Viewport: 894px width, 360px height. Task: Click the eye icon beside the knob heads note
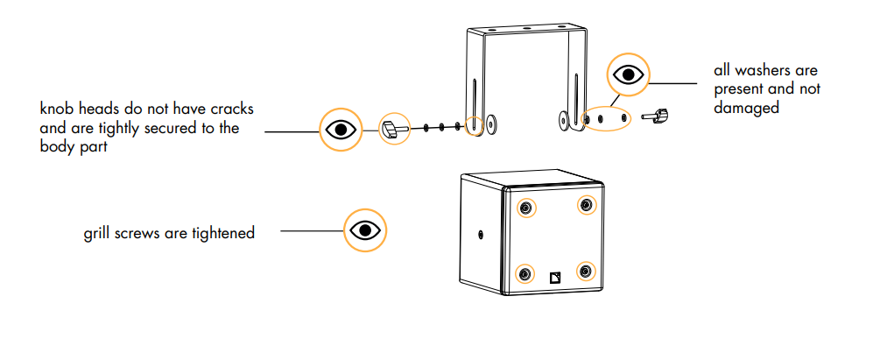click(339, 131)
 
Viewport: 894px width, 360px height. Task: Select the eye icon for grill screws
click(364, 231)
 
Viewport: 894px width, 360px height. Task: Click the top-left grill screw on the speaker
click(525, 208)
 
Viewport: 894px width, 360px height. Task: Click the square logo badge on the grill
click(554, 279)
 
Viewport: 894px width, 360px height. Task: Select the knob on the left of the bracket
click(391, 130)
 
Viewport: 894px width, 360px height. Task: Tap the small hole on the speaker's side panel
click(480, 234)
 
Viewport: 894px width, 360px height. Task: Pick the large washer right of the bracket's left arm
click(490, 124)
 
